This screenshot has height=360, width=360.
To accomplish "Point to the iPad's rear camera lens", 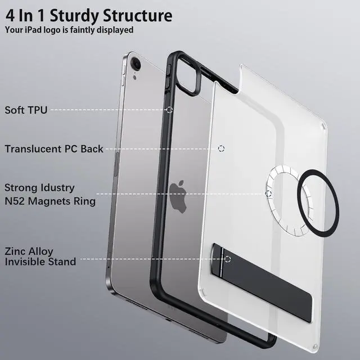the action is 136,64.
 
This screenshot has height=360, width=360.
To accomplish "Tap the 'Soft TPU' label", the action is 26,110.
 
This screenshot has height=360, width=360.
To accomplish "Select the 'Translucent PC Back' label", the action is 54,148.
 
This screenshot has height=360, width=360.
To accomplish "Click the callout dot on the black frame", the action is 169,110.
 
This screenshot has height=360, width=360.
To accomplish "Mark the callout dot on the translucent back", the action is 220,148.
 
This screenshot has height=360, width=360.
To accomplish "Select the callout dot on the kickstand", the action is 227,259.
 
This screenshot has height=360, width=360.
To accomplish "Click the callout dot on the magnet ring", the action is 269,193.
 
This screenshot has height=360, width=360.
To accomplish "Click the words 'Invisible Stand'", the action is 40,262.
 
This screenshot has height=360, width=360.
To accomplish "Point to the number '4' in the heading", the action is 10,15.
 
